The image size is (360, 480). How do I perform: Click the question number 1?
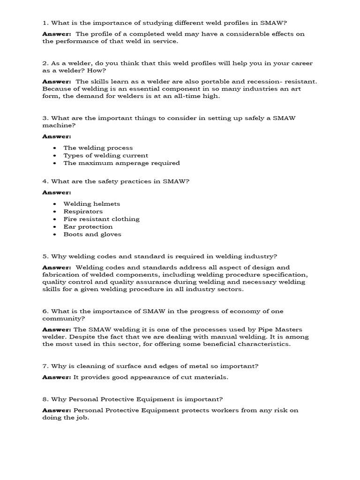pyautogui.click(x=45, y=22)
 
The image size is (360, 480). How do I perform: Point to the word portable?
pyautogui.click(x=219, y=82)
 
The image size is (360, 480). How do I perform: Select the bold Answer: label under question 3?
pyautogui.click(x=57, y=136)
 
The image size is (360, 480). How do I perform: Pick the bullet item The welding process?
pyautogui.click(x=98, y=148)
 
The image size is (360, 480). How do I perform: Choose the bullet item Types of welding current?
pyautogui.click(x=105, y=155)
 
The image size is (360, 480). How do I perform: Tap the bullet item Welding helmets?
pyautogui.click(x=92, y=204)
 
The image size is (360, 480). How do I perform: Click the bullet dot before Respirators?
pyautogui.click(x=55, y=211)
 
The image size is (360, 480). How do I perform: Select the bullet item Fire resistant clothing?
pyautogui.click(x=101, y=219)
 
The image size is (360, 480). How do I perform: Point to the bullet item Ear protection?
pyautogui.click(x=88, y=227)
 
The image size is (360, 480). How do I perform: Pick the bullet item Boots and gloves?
pyautogui.click(x=92, y=234)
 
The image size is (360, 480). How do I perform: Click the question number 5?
pyautogui.click(x=45, y=256)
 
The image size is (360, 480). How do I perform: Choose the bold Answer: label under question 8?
pyautogui.click(x=57, y=410)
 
